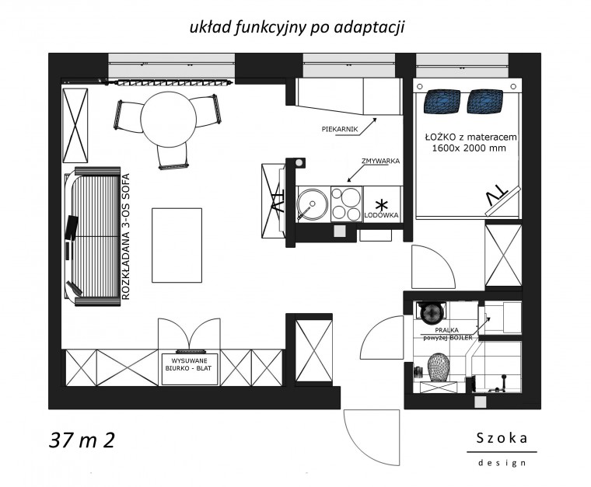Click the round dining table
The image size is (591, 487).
pyautogui.click(x=169, y=120)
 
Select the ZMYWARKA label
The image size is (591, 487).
pyautogui.click(x=380, y=161)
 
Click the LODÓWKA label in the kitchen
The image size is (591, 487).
pyautogui.click(x=381, y=215)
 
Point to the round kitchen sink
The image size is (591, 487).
pyautogui.click(x=312, y=203)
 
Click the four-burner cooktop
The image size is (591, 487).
pyautogui.click(x=346, y=203)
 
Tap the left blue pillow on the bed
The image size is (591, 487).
pyautogui.click(x=442, y=101)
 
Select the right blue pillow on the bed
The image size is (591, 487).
pyautogui.click(x=484, y=101)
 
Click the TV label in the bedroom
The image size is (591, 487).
pyautogui.click(x=497, y=196)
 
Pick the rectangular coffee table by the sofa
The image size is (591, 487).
pyautogui.click(x=177, y=245)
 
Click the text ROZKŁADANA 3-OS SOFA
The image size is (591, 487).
pyautogui.click(x=126, y=236)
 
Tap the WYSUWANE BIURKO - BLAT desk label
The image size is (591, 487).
pyautogui.click(x=188, y=365)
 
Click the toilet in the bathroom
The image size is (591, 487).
pyautogui.click(x=439, y=367)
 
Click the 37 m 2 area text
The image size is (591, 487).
pyautogui.click(x=82, y=440)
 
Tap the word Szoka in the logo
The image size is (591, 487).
pyautogui.click(x=502, y=438)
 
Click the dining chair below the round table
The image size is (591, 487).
pyautogui.click(x=173, y=157)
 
